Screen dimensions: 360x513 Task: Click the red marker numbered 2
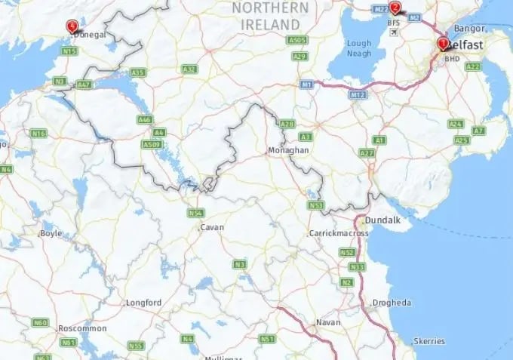[395, 8]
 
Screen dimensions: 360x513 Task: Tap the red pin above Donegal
[72, 26]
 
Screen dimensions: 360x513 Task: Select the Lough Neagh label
[359, 49]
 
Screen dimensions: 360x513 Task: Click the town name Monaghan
[288, 151]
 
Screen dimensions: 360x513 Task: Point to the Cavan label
[212, 226]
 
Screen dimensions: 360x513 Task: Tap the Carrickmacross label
[339, 233]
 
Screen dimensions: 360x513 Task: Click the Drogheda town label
[392, 303]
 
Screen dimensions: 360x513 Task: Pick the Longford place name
[143, 303]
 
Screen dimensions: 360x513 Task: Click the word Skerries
[430, 341]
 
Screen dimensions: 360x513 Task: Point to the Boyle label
[51, 233]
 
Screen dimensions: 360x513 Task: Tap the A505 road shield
[299, 40]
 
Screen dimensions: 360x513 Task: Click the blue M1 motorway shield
[306, 85]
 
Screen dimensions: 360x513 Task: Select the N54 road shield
[196, 213]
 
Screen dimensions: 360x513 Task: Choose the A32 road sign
[189, 69]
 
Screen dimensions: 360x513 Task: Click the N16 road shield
[38, 134]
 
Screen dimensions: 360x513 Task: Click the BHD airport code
[452, 58]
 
